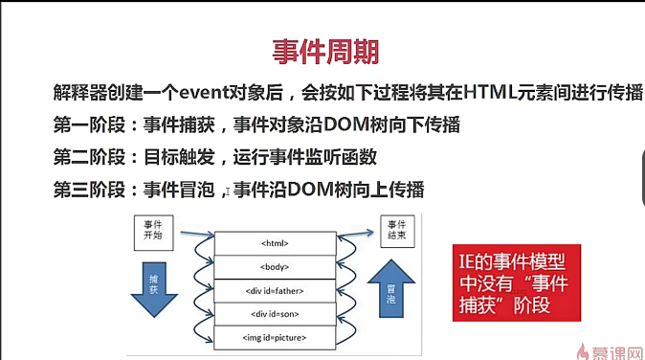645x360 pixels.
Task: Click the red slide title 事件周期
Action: pyautogui.click(x=325, y=52)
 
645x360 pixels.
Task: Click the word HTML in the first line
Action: pyautogui.click(x=490, y=92)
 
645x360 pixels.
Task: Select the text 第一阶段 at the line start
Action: pyautogui.click(x=89, y=124)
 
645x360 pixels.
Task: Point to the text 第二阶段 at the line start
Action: pyautogui.click(x=89, y=157)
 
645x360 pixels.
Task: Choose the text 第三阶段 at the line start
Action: pyautogui.click(x=89, y=190)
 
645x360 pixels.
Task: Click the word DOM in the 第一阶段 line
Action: pyautogui.click(x=346, y=124)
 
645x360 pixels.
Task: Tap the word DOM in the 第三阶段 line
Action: pyautogui.click(x=311, y=190)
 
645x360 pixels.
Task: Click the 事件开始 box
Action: pyautogui.click(x=154, y=233)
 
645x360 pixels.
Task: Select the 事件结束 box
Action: pyautogui.click(x=397, y=231)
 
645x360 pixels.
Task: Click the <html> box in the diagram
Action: pyautogui.click(x=275, y=243)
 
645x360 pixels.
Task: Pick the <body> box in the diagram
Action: pyautogui.click(x=275, y=267)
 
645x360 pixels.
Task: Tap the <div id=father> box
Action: pyautogui.click(x=275, y=291)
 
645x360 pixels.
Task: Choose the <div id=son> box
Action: pyautogui.click(x=275, y=314)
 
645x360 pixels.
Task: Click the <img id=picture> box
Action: pyautogui.click(x=275, y=338)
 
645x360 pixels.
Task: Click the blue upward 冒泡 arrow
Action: pyautogui.click(x=391, y=288)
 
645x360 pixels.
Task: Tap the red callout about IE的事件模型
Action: pyautogui.click(x=517, y=282)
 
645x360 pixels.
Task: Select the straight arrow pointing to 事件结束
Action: pyautogui.click(x=356, y=235)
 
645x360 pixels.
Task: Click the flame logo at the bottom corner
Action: pyautogui.click(x=582, y=352)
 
